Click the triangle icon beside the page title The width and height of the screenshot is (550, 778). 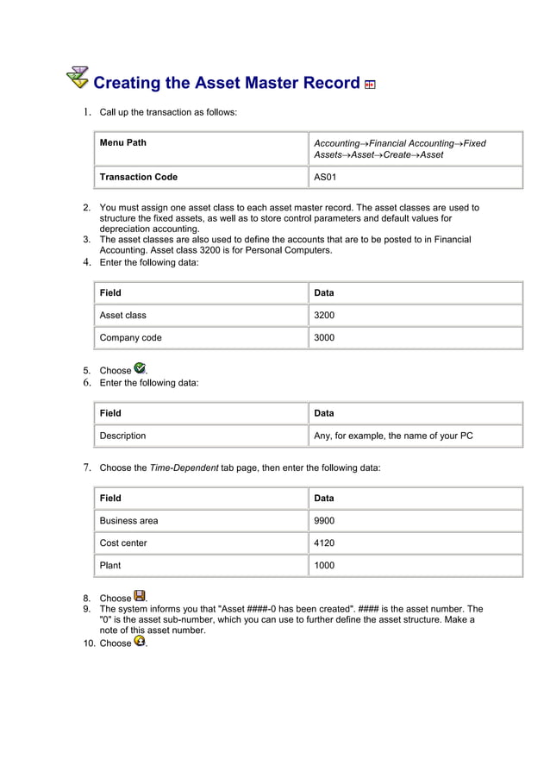tap(77, 78)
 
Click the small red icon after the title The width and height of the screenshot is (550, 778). tap(370, 85)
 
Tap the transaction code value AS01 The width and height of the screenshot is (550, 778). tap(325, 177)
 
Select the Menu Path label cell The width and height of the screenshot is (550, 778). tap(122, 143)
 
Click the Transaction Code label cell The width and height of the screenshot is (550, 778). tap(138, 177)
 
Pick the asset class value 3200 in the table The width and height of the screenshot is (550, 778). tap(324, 315)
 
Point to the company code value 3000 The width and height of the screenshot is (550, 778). tap(324, 337)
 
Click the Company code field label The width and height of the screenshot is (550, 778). tap(130, 337)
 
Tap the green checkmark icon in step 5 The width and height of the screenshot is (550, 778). tap(140, 368)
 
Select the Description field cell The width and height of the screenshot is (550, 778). tap(122, 436)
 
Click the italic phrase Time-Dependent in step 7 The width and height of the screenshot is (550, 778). tap(184, 467)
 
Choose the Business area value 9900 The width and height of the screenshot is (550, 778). tap(324, 520)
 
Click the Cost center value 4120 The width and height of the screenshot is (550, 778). tap(324, 543)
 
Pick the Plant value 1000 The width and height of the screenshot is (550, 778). tap(324, 565)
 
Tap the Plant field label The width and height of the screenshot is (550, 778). tap(110, 565)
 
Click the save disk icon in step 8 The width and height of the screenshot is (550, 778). tap(140, 596)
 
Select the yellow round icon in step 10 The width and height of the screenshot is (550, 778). tap(140, 641)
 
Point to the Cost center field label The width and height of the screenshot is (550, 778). tap(123, 543)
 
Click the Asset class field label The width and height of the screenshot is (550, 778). tap(122, 315)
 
